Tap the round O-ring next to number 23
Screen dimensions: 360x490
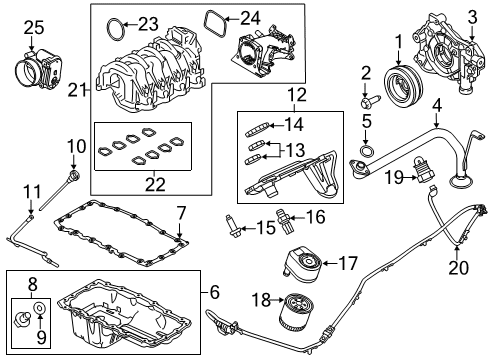[117, 23]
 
